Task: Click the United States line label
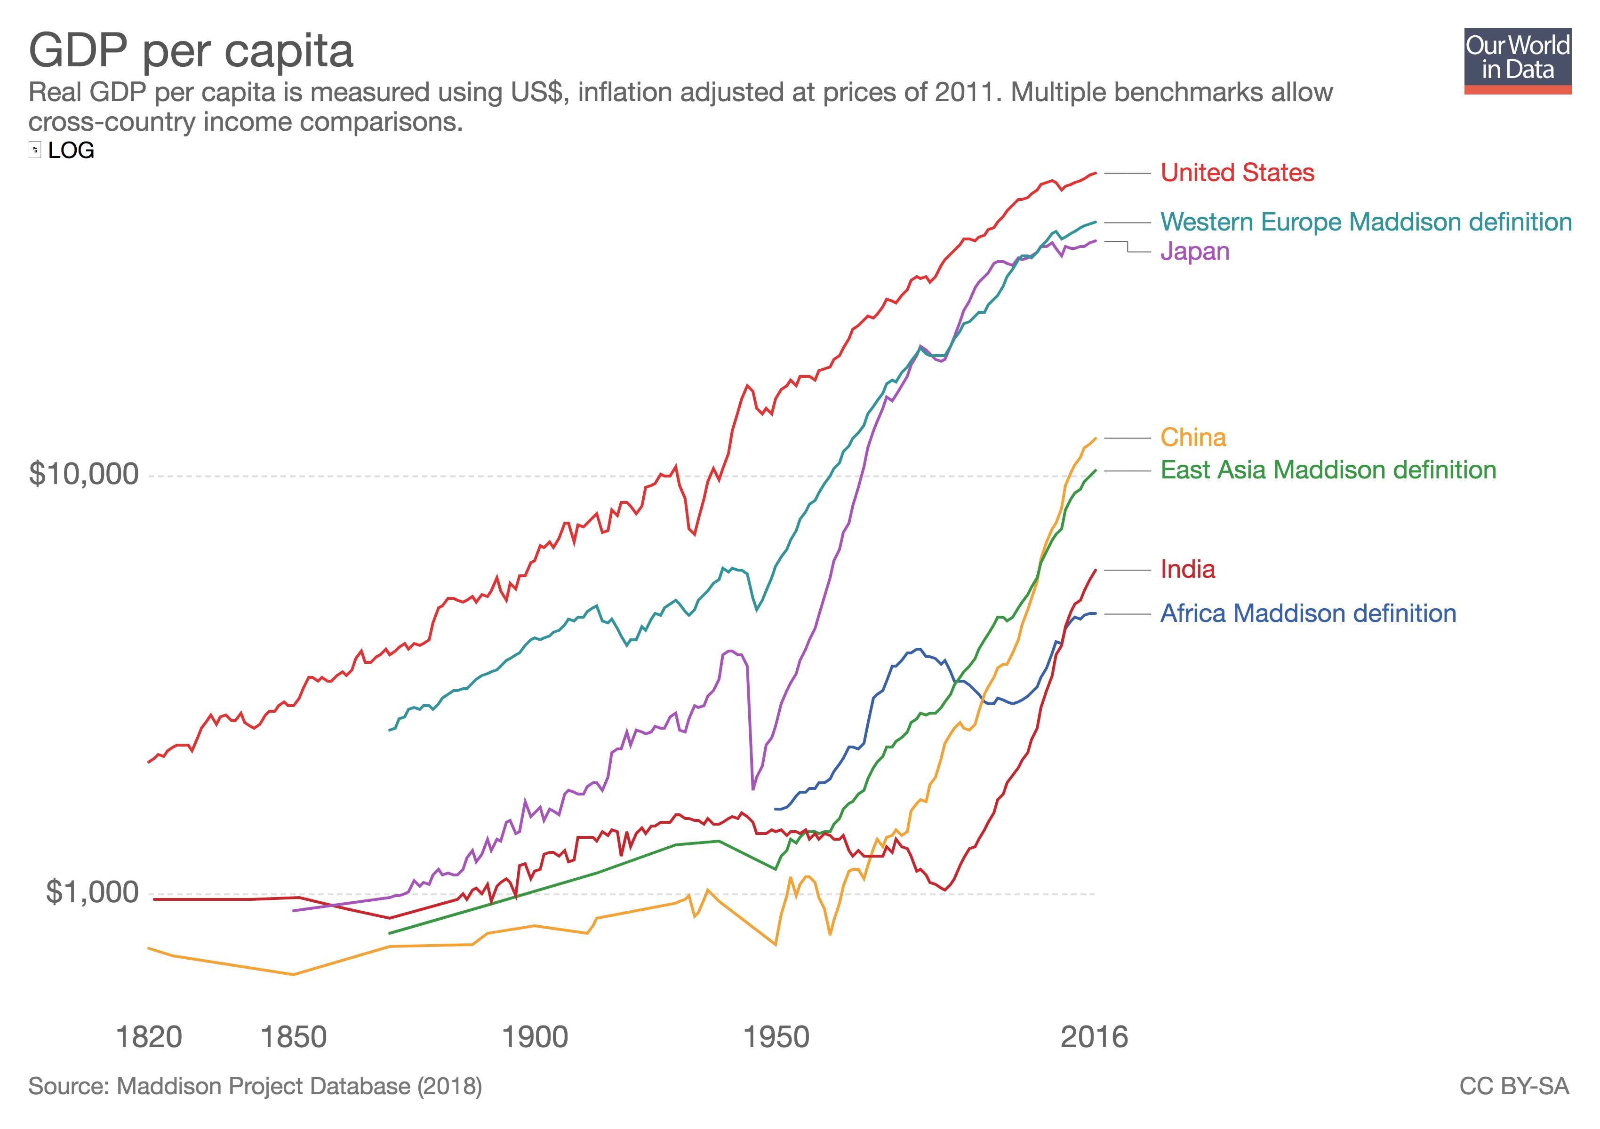point(1237,173)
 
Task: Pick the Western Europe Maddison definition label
point(1366,222)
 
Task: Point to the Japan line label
point(1194,251)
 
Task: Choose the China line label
point(1193,437)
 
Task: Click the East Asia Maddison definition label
point(1328,470)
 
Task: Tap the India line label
point(1187,570)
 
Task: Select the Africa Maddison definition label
point(1308,613)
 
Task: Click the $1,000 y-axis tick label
point(92,892)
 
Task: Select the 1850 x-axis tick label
point(293,1038)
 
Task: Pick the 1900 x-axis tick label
point(535,1038)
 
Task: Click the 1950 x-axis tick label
point(776,1038)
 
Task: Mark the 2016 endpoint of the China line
point(1096,438)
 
